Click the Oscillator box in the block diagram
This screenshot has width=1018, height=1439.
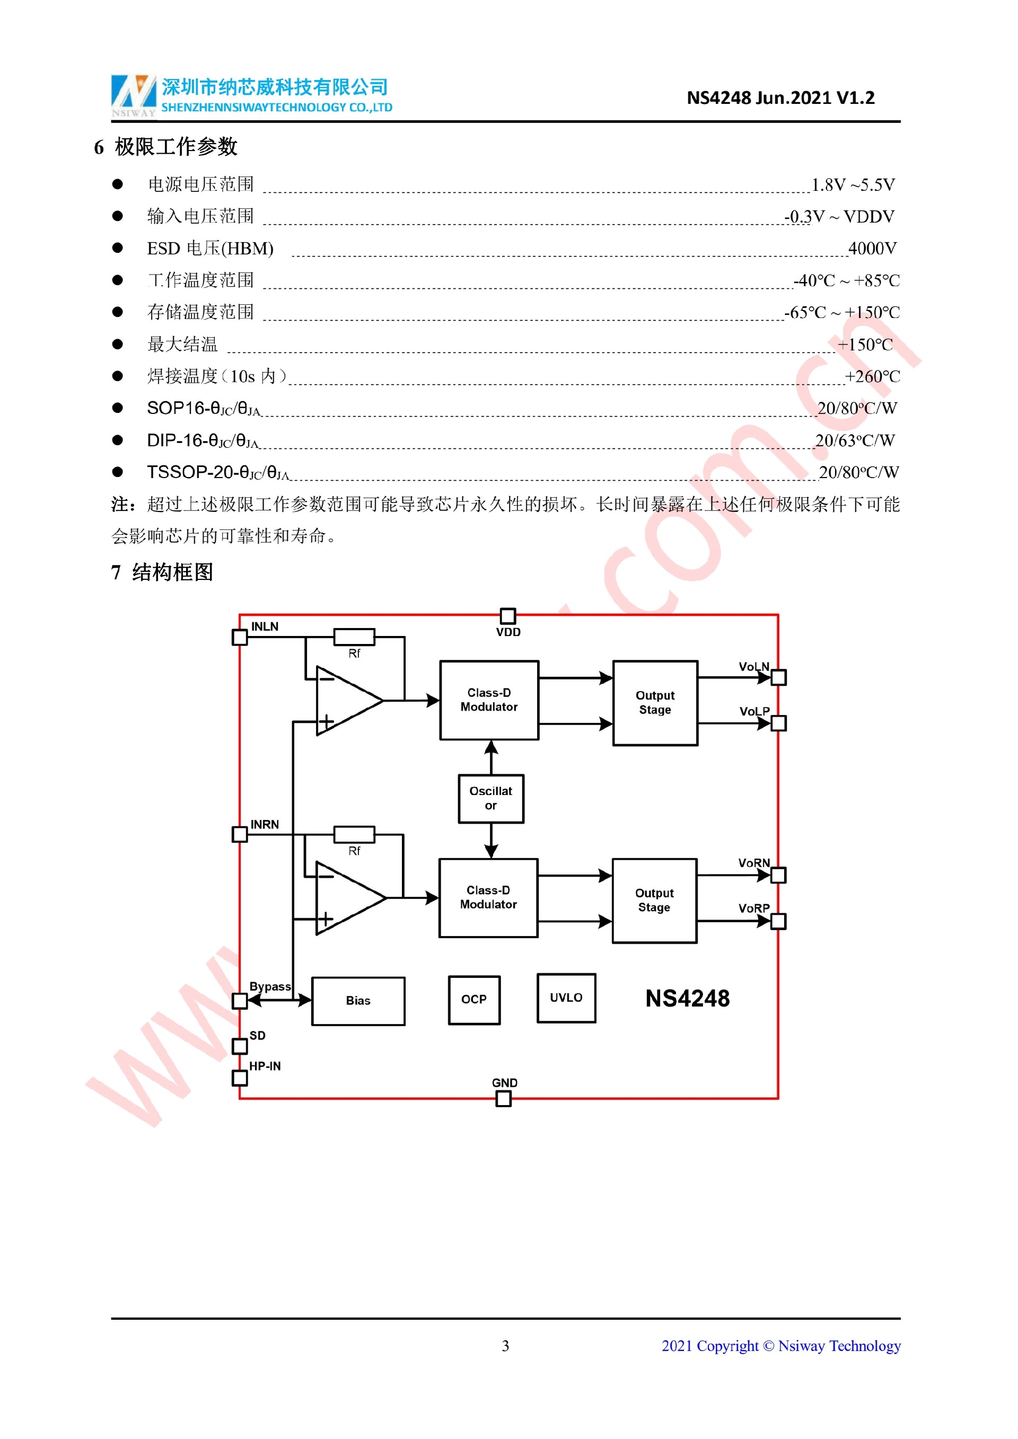click(491, 798)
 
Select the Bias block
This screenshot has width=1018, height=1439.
click(358, 1001)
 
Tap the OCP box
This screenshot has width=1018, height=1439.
click(474, 1000)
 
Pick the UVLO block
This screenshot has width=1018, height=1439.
click(566, 998)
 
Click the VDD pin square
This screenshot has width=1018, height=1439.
click(508, 615)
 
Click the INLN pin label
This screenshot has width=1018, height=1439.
click(265, 626)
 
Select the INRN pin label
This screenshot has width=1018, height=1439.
click(265, 824)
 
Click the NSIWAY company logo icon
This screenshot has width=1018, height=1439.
click(134, 95)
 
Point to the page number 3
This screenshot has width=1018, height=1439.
click(505, 1346)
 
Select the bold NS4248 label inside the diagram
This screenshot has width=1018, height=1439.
click(688, 999)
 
